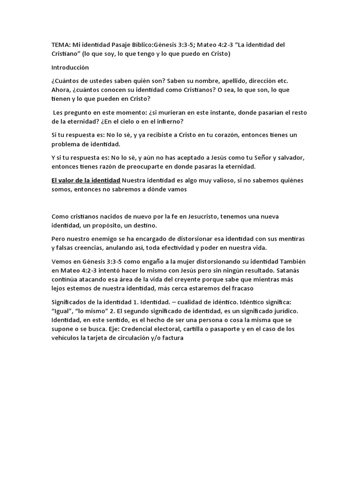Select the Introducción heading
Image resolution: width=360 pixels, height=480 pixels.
tap(70, 67)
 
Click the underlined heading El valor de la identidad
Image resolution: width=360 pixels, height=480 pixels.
tap(86, 180)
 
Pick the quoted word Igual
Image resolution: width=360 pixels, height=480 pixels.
tap(65, 311)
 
